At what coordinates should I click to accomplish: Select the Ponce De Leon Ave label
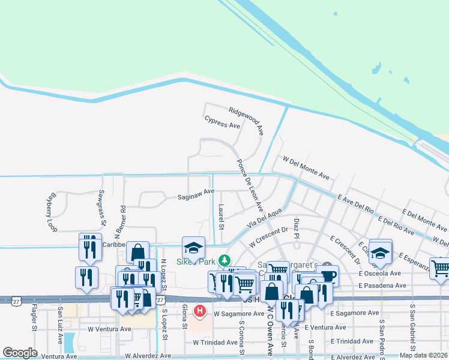tap(249, 185)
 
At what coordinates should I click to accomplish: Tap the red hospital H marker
tap(200, 311)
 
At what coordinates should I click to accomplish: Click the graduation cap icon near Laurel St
tap(194, 247)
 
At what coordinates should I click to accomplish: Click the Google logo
tap(20, 353)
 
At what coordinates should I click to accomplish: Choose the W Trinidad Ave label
tap(216, 342)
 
